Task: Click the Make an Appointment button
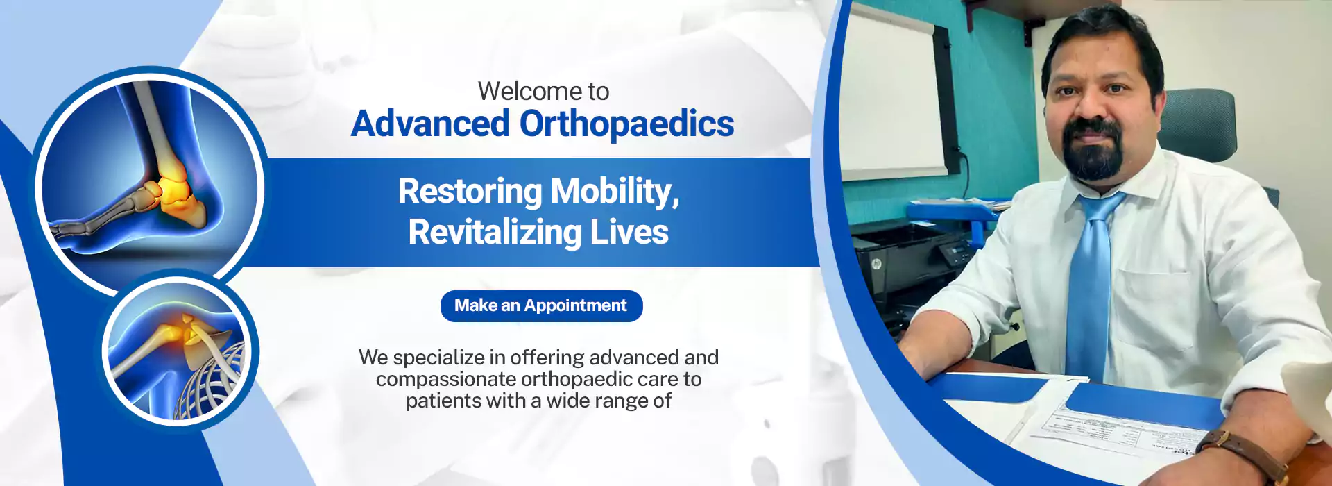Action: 541,305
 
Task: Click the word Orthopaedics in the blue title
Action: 626,124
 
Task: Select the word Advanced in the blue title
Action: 430,124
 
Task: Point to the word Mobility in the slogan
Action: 615,192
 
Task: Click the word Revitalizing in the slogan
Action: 495,233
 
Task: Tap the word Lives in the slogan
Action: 629,232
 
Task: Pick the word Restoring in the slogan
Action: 470,192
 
